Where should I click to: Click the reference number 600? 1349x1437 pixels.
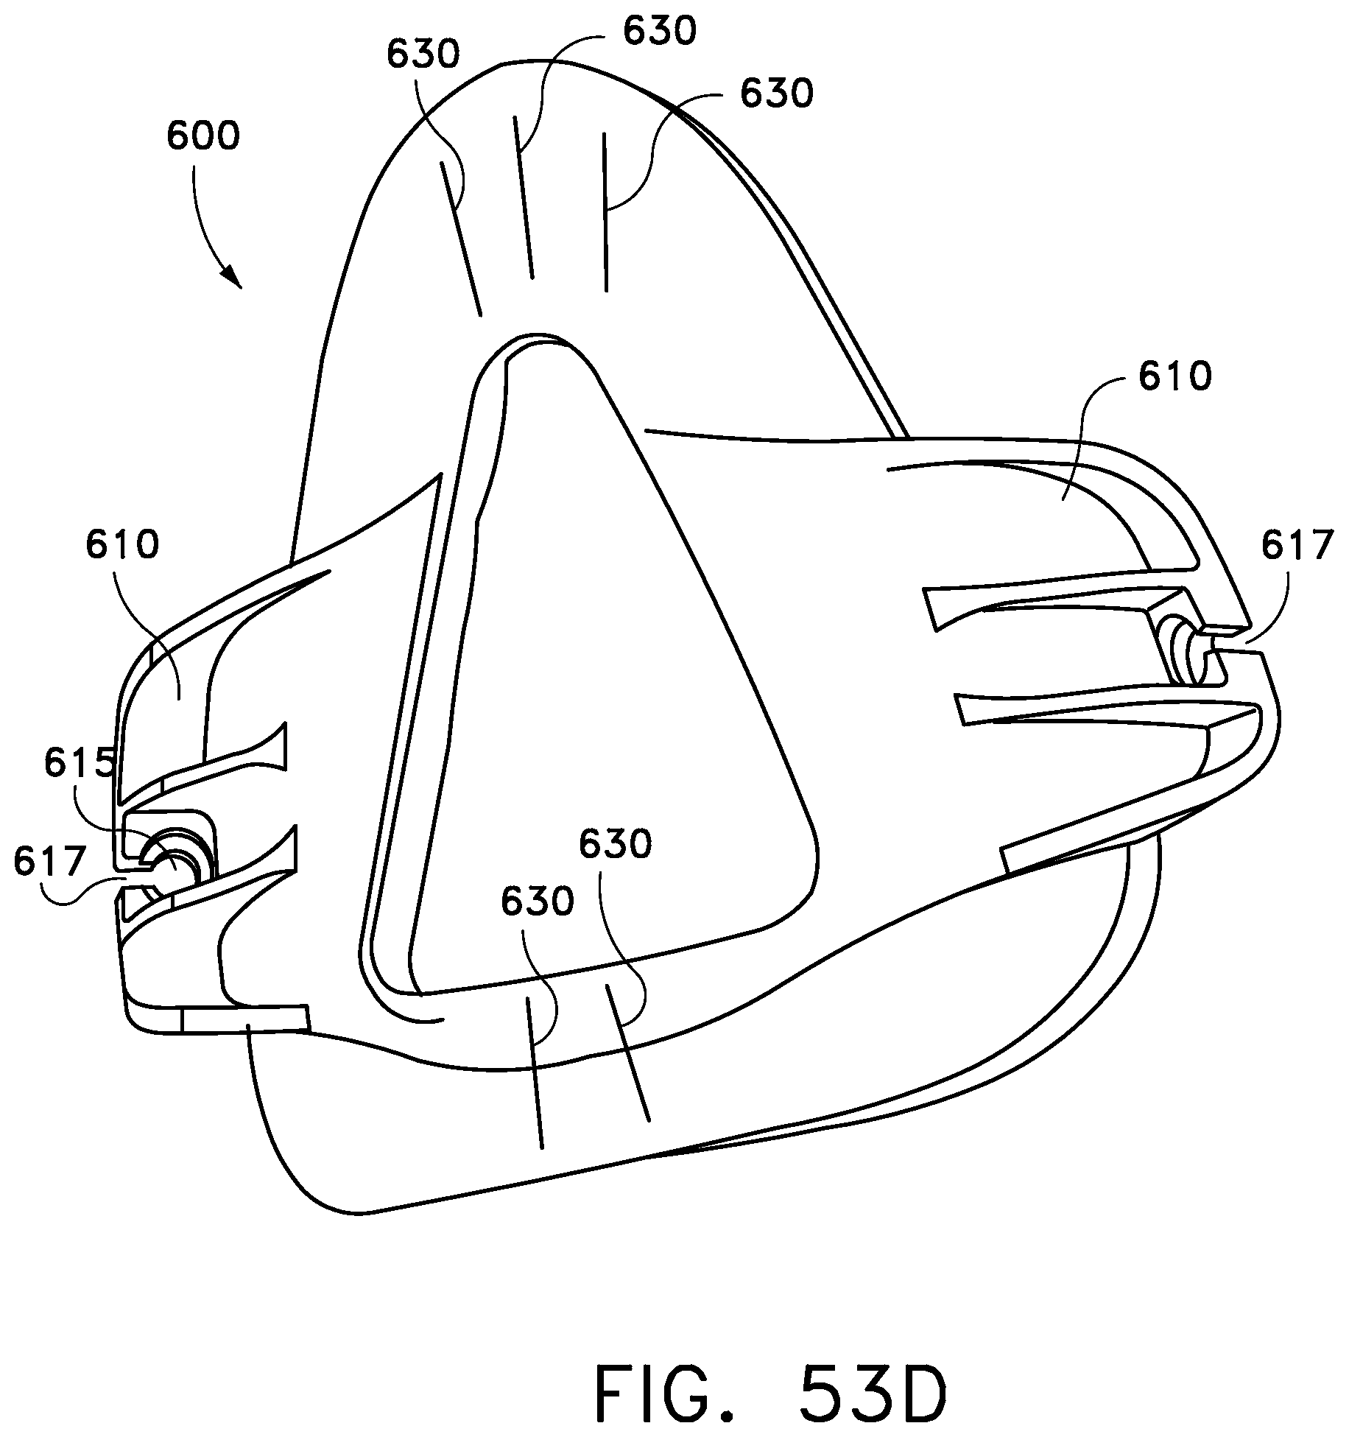[203, 137]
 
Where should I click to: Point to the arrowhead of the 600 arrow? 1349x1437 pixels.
[234, 279]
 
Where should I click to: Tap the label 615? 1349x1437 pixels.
[79, 764]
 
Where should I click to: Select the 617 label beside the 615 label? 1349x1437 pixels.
[49, 860]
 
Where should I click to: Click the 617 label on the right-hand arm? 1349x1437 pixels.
[1297, 546]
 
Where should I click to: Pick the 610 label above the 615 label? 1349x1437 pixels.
[122, 545]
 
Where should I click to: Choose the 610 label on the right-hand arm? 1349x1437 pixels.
[1174, 377]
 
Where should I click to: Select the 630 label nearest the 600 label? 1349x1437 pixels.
[423, 55]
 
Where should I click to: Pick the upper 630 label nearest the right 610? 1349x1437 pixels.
[776, 94]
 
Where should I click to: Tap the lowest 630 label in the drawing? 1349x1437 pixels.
[538, 901]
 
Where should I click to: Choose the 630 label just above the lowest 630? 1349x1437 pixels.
[615, 844]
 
